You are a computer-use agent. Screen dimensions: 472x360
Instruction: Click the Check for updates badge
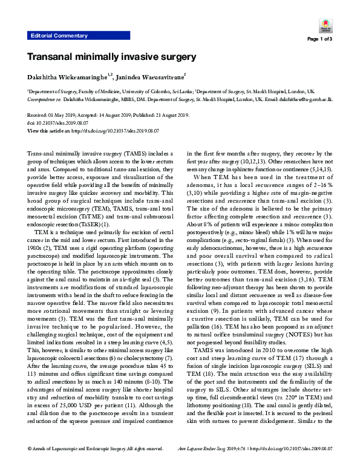[324, 26]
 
